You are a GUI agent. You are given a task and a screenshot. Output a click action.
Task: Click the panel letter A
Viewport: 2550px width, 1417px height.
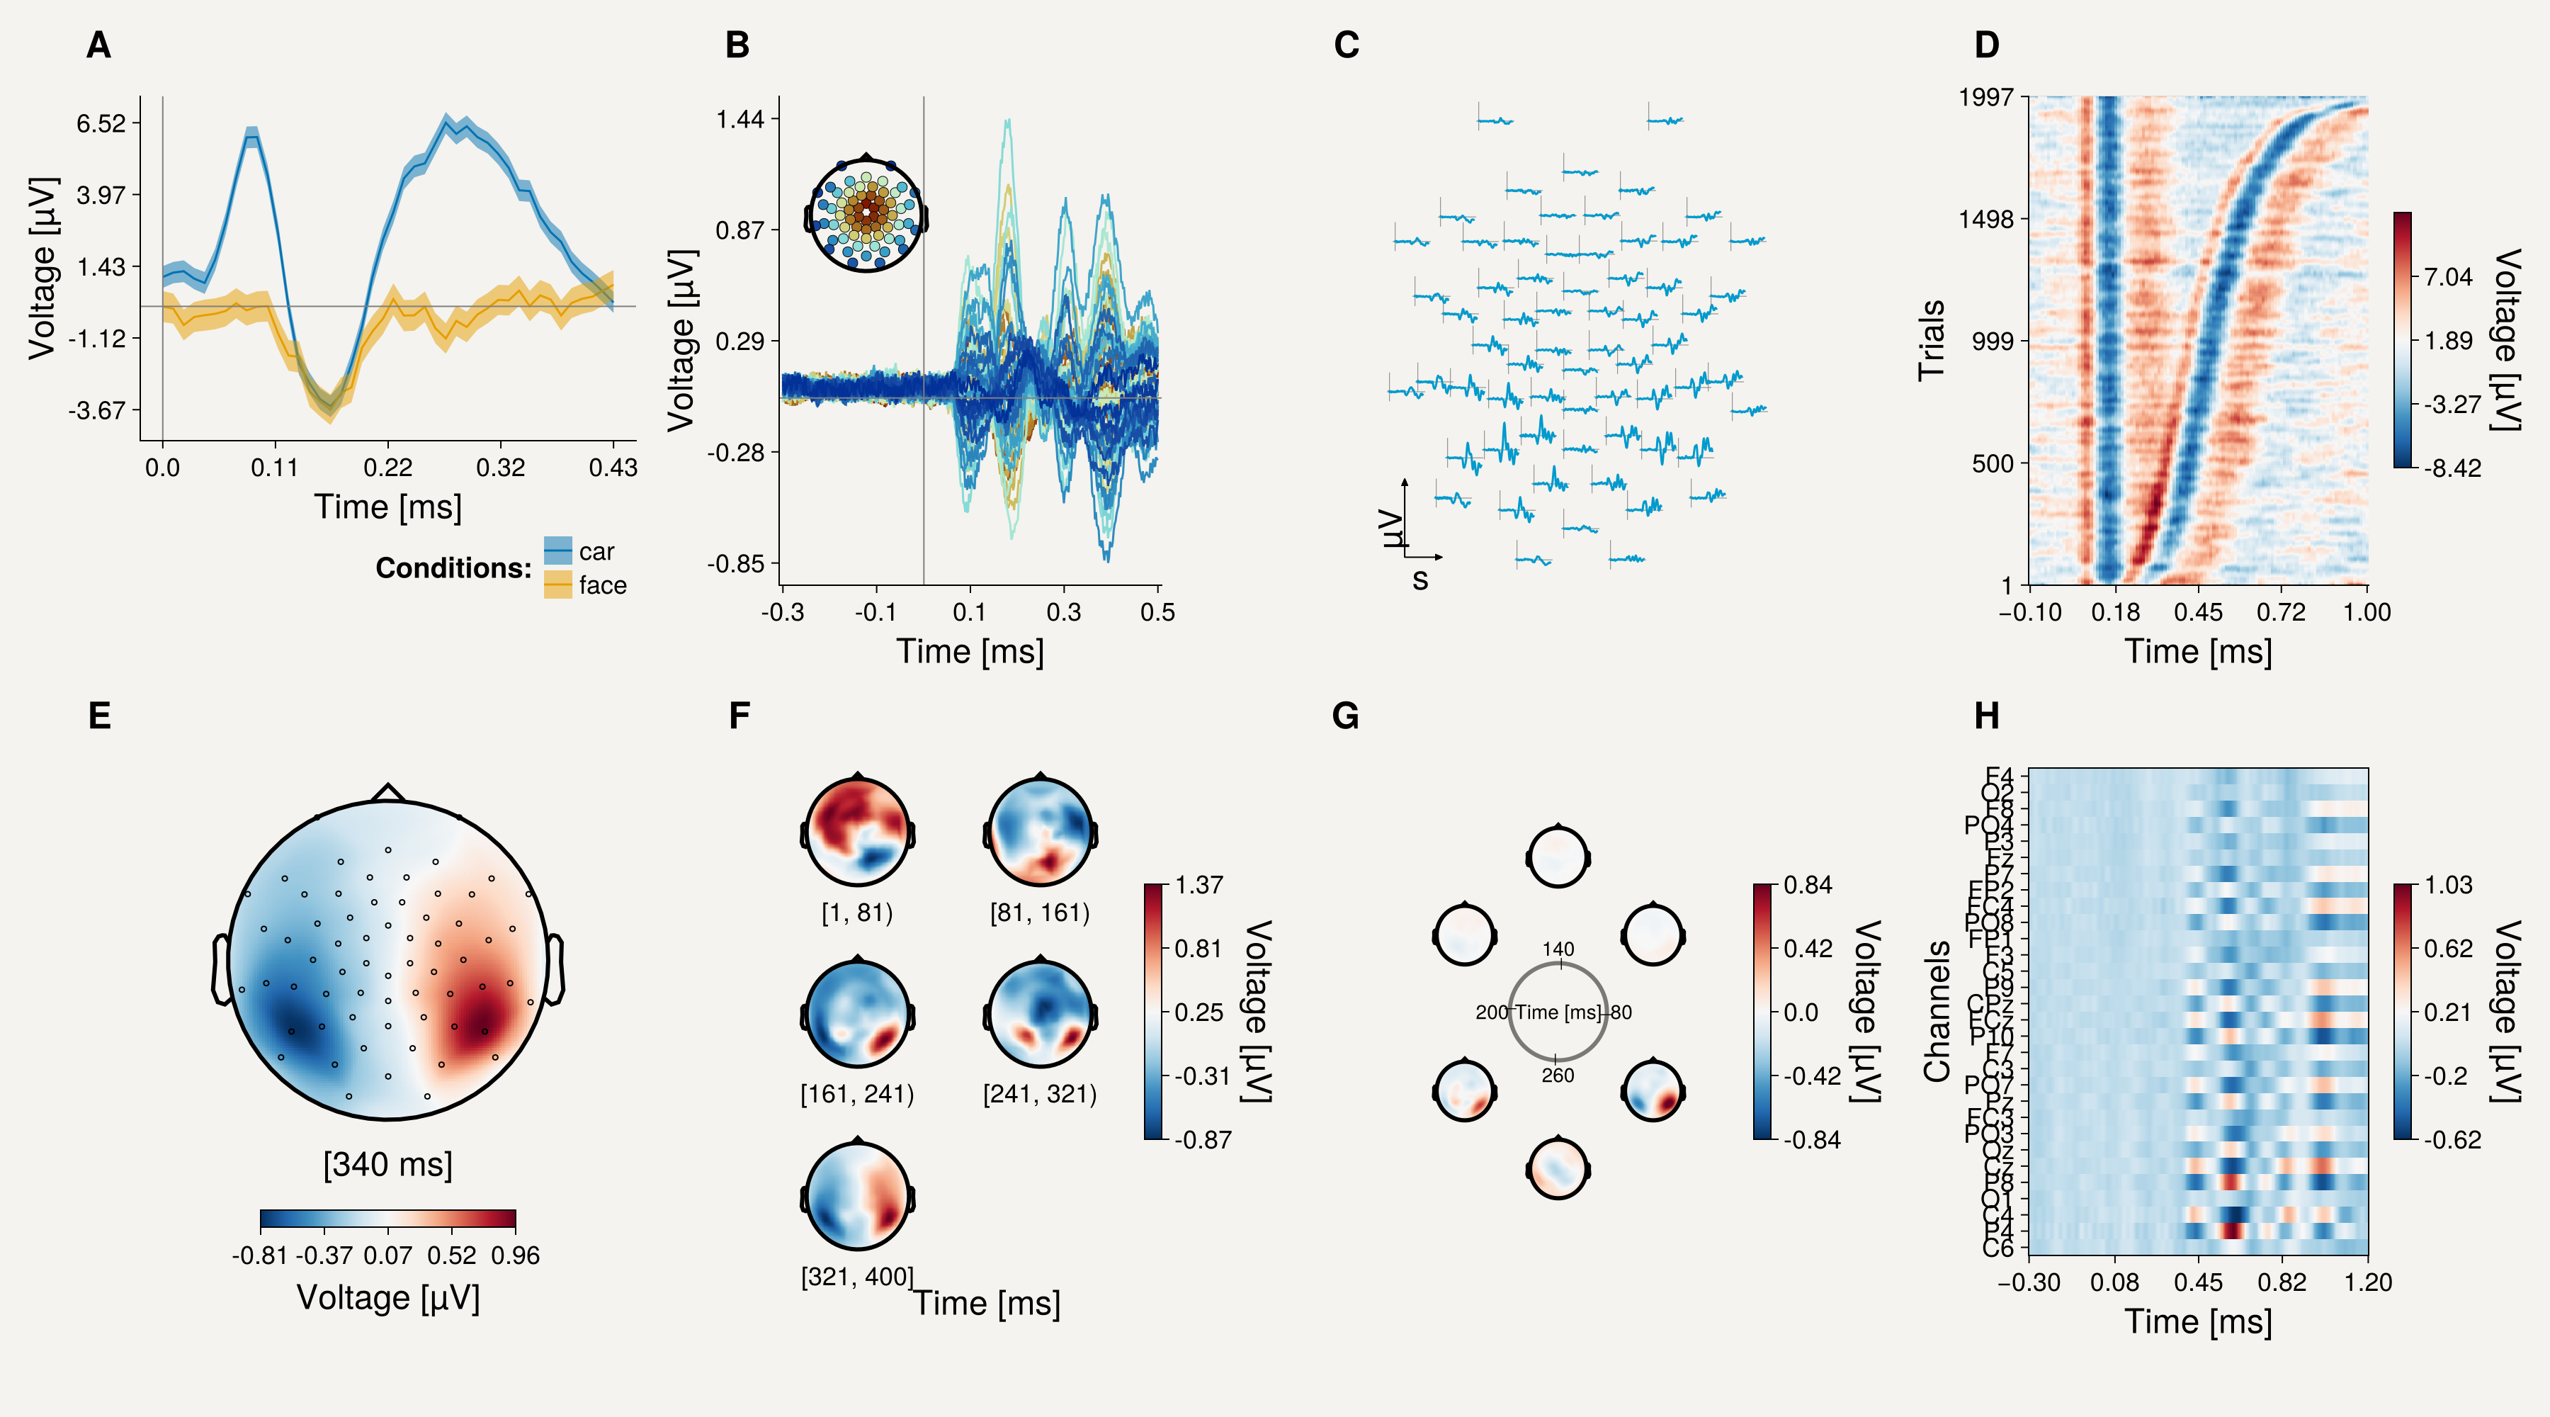click(x=98, y=45)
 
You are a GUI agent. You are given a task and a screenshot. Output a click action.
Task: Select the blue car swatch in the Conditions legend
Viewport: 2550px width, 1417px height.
click(x=557, y=551)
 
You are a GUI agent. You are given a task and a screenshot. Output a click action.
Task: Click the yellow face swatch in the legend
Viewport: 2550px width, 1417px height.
click(x=557, y=585)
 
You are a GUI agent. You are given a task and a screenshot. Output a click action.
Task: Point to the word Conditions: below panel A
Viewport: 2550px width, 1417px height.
click(x=453, y=568)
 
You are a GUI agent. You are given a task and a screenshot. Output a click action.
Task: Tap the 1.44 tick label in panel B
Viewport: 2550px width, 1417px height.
click(x=740, y=120)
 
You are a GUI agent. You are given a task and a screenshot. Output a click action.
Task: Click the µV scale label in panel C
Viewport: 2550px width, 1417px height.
click(x=1393, y=528)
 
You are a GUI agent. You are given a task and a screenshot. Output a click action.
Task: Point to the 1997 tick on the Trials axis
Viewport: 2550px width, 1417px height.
click(x=1985, y=97)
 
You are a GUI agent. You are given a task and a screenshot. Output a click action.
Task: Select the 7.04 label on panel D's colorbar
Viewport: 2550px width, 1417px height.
click(x=2447, y=276)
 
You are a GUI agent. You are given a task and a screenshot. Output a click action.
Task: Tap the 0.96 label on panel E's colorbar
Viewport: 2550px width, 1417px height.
click(x=516, y=1255)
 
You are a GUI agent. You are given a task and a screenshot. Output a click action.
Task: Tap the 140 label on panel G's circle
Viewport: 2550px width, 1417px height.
click(x=1558, y=949)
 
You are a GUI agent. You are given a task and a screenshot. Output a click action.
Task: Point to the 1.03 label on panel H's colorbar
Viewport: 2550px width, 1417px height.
click(x=2448, y=884)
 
